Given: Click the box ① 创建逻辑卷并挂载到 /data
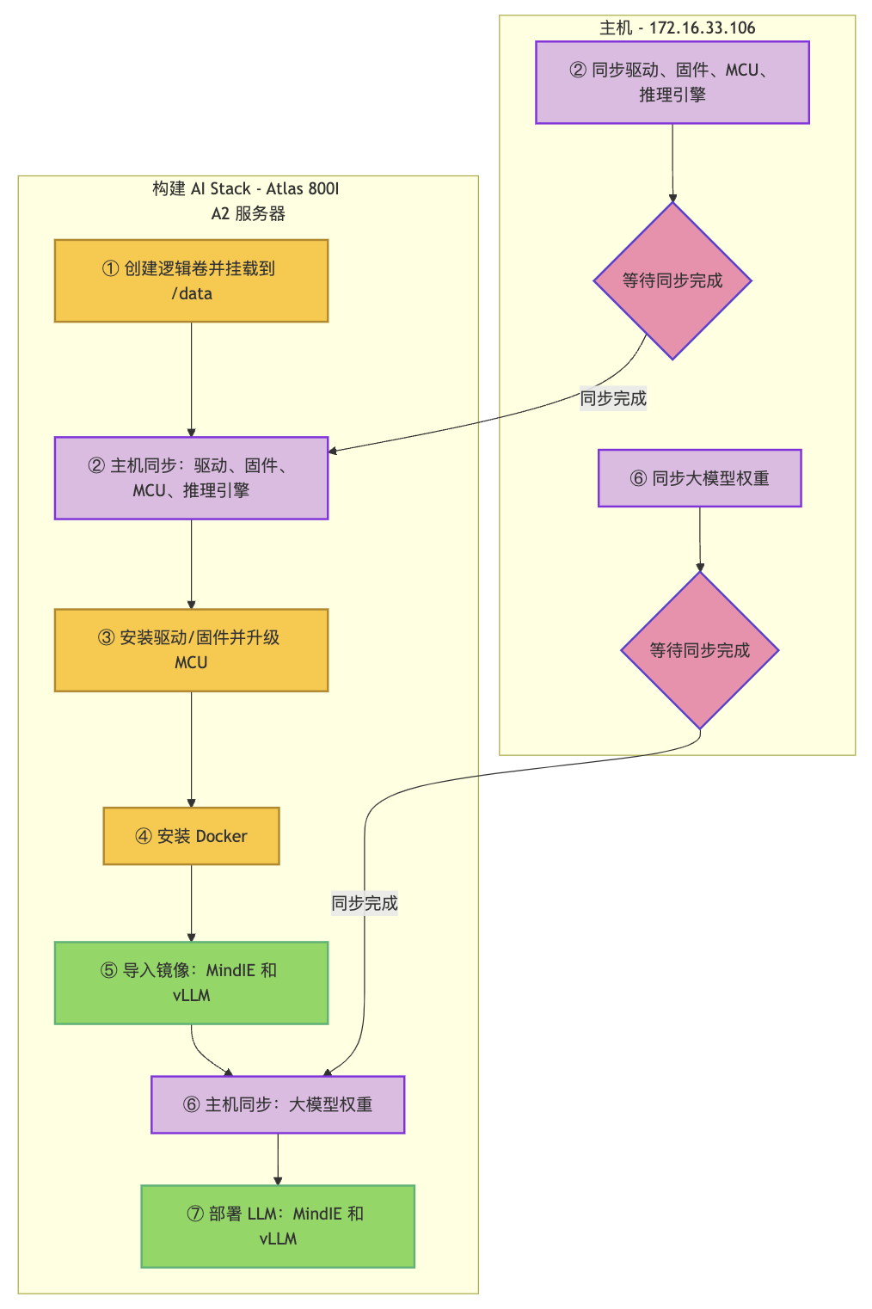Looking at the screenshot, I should tap(191, 280).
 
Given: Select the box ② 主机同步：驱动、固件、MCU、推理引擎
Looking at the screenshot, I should tap(191, 477).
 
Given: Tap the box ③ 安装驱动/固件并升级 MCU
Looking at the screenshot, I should tap(191, 649).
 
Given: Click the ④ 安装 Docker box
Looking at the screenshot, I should tap(191, 835).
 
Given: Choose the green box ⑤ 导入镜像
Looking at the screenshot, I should tap(191, 982).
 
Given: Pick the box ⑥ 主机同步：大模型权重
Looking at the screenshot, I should tap(278, 1104).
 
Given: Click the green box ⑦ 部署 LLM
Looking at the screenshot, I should tap(278, 1226).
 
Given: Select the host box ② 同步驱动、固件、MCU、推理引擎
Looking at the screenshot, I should tap(672, 82).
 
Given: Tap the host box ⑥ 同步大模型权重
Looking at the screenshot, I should tap(700, 477).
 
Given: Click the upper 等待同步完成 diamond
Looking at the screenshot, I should tap(672, 280).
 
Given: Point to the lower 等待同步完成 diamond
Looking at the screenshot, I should tap(700, 650).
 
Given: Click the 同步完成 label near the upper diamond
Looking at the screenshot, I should tap(613, 398).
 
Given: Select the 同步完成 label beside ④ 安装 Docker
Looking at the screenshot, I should tap(365, 903).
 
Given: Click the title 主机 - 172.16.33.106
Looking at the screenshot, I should tap(678, 28).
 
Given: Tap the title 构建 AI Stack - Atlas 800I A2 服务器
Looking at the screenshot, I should tap(247, 200).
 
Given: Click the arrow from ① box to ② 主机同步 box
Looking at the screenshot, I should tap(191, 378).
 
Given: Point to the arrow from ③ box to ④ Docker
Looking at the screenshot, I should tap(191, 748).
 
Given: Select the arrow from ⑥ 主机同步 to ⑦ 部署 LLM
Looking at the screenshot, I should tap(278, 1158).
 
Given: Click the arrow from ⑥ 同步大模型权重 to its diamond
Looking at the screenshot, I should tap(700, 538).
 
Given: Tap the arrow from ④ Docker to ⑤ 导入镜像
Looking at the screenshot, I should tap(191, 903).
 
